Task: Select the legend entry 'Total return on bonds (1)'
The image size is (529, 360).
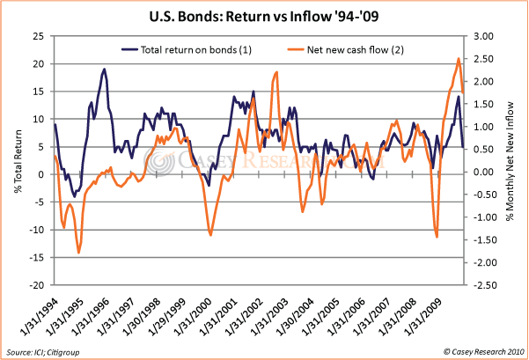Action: [x=195, y=49]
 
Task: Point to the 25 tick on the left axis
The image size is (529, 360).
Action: [x=39, y=36]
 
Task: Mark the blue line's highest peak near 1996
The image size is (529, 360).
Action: [x=105, y=69]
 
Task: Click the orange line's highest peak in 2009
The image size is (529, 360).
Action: [x=459, y=59]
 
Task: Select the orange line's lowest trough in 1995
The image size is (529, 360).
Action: [x=78, y=253]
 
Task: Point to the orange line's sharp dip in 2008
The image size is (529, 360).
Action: [x=437, y=237]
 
